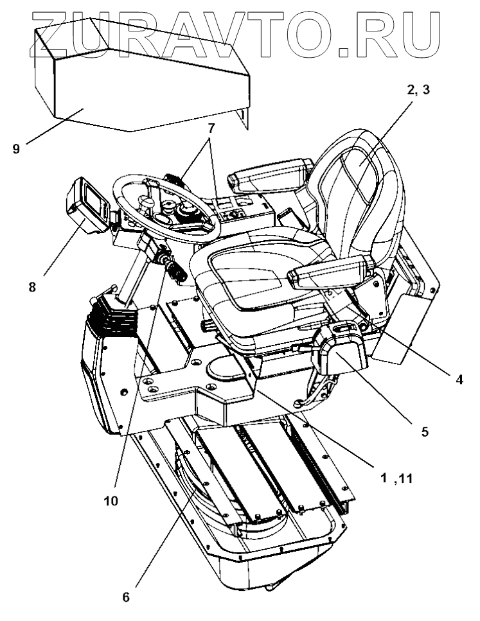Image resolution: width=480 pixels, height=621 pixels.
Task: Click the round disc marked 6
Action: point(193,488)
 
